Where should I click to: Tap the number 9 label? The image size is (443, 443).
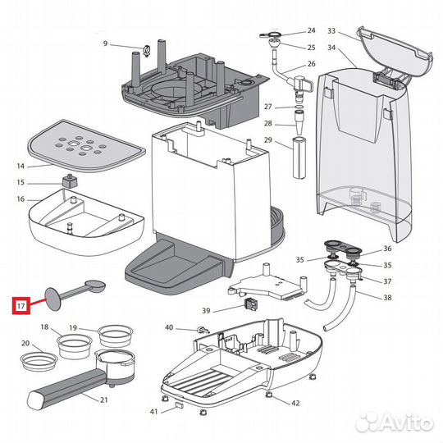point(105,43)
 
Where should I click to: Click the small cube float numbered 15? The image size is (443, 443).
point(71,182)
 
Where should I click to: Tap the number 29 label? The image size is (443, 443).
point(267,142)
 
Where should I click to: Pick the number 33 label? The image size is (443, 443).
point(331,30)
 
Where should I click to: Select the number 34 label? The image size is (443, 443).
point(331,47)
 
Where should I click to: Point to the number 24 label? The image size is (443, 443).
point(310,30)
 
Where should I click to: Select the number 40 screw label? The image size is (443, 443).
point(169,327)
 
